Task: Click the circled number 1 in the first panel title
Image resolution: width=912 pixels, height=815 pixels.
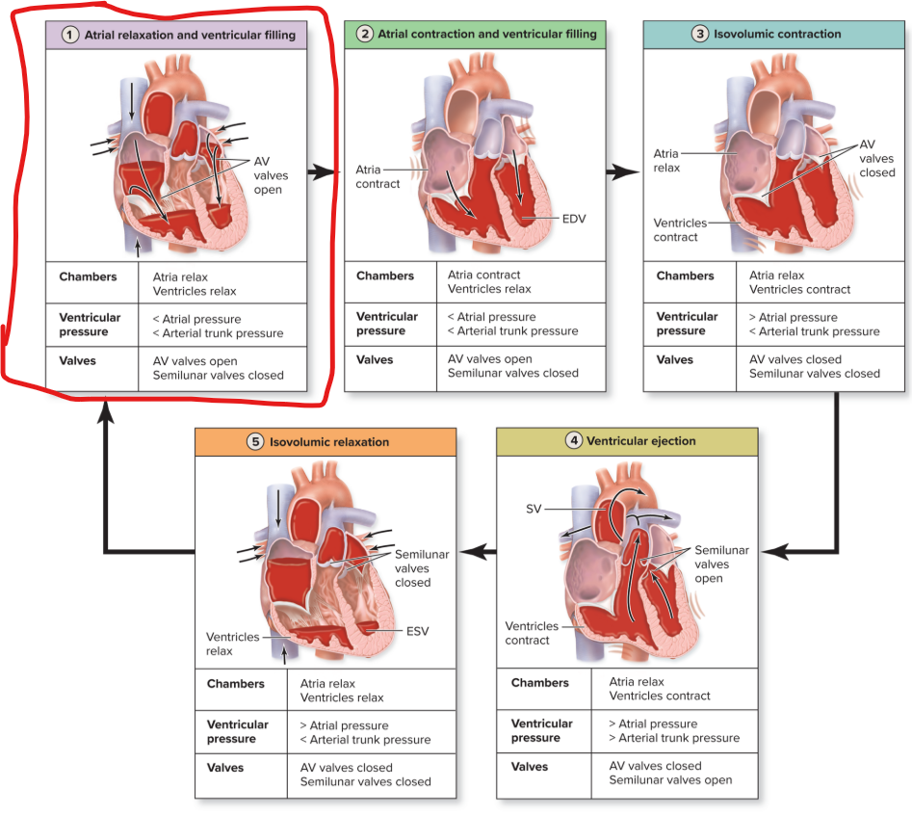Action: [70, 35]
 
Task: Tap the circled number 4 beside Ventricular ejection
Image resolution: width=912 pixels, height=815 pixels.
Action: [574, 441]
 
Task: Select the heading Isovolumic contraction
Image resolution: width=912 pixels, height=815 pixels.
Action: [777, 34]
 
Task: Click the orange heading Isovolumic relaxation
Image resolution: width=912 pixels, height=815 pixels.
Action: [328, 442]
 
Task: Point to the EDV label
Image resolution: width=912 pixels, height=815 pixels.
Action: [574, 219]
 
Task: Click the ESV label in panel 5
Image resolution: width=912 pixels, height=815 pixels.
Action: [416, 631]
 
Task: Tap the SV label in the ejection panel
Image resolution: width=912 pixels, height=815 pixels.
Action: [534, 509]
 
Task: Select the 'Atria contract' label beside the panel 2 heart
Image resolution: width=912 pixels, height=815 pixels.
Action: [377, 176]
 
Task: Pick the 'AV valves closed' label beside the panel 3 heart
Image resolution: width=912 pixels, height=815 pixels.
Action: [876, 159]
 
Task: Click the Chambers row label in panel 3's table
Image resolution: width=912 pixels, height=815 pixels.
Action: [685, 276]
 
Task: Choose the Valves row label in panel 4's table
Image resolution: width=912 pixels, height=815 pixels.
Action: [530, 767]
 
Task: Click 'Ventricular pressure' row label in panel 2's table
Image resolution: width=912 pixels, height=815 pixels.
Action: [387, 324]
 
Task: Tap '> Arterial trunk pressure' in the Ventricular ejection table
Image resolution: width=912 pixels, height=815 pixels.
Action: [674, 738]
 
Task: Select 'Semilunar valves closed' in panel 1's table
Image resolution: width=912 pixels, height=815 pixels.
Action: [211, 375]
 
